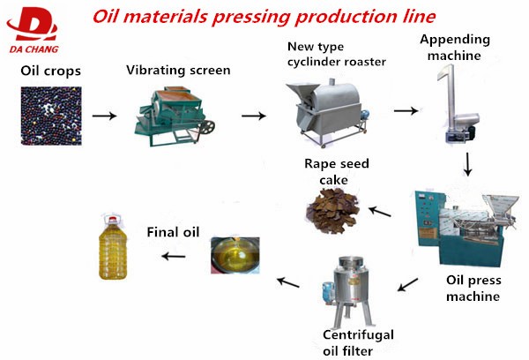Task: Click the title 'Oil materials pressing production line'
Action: (x=265, y=17)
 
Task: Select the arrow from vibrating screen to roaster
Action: (x=254, y=116)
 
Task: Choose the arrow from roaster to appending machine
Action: (x=405, y=111)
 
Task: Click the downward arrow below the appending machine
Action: (x=468, y=163)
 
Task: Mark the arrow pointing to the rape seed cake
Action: (x=379, y=211)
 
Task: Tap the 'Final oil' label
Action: (x=173, y=233)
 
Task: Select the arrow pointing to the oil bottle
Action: (x=173, y=256)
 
